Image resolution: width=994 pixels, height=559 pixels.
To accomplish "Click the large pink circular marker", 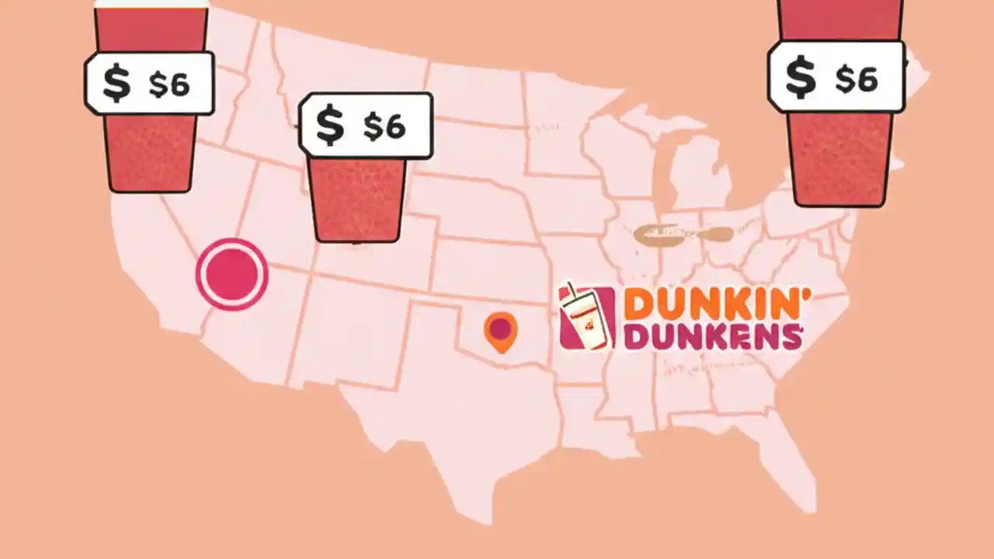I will [x=231, y=274].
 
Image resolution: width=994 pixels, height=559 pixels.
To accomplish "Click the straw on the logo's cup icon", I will [x=572, y=293].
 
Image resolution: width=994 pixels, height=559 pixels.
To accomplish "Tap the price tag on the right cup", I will [x=836, y=76].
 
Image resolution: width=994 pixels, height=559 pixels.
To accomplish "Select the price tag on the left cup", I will [x=149, y=84].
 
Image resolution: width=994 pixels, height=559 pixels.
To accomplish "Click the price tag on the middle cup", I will [x=366, y=126].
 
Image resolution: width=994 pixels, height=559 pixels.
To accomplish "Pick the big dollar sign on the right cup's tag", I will [x=800, y=76].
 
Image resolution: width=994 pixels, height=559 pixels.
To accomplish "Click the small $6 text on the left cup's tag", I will [x=169, y=85].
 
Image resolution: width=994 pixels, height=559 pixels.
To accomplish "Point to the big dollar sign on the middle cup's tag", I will [x=330, y=126].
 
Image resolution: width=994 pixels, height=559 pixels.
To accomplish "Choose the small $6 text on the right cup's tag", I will [x=856, y=78].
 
